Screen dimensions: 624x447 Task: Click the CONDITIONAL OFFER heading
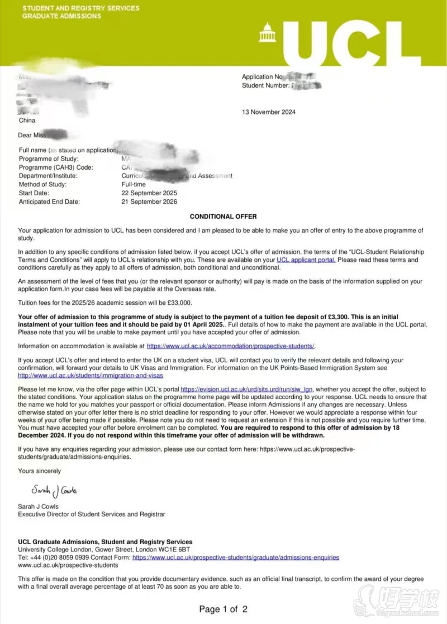[x=223, y=217]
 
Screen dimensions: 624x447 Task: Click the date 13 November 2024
[x=269, y=112]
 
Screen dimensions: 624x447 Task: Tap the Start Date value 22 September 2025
[x=150, y=193]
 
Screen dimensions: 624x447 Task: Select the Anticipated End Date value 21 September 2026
[x=150, y=201]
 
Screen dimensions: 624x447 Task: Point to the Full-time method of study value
[x=134, y=184]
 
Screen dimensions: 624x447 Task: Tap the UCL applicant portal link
[x=306, y=260]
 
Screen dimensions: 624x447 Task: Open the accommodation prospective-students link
[x=231, y=346]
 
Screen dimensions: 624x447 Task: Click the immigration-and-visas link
[x=91, y=376]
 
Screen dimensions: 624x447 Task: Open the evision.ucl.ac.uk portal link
[x=247, y=389]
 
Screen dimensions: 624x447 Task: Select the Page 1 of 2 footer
[x=223, y=609]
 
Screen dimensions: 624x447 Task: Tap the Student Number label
[x=265, y=85]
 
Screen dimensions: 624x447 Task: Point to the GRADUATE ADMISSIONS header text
[x=61, y=16]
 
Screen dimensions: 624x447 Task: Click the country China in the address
[x=27, y=120]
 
